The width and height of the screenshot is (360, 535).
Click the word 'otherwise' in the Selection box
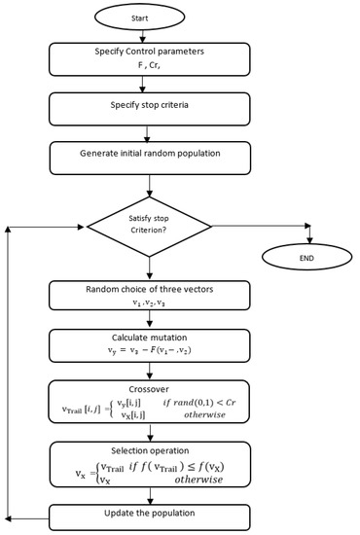point(209,479)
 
